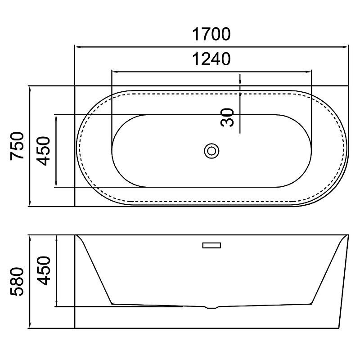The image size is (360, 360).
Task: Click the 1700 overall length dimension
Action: click(x=211, y=34)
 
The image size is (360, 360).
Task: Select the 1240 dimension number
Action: click(x=211, y=59)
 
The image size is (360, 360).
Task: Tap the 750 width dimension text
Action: click(x=17, y=146)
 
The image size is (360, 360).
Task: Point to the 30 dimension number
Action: click(x=227, y=117)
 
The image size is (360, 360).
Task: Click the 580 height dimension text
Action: click(x=17, y=282)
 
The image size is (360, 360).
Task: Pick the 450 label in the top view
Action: click(x=43, y=151)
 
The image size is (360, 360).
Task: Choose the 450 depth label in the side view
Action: click(x=43, y=271)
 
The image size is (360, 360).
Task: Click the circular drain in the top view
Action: click(x=211, y=151)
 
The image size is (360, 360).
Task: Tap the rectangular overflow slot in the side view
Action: click(x=211, y=245)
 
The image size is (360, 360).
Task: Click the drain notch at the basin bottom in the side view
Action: click(x=211, y=307)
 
